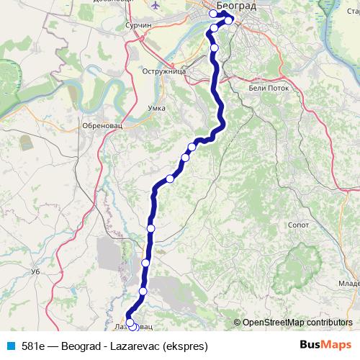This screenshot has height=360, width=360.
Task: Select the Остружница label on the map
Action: tap(165, 73)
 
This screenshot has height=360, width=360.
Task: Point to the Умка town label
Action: tap(156, 108)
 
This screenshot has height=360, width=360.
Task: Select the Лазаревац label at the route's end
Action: tap(134, 326)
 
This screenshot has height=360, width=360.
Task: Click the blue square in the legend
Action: tap(10, 344)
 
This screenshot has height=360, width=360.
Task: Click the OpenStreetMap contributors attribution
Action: tap(295, 323)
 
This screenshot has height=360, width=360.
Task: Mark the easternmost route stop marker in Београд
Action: tap(229, 20)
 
